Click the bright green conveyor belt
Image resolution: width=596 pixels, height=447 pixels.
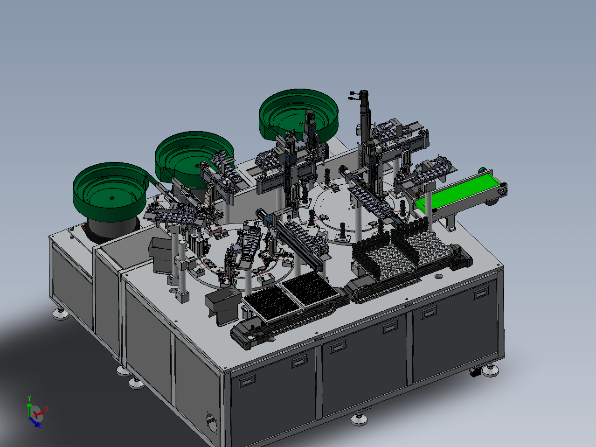[456, 192]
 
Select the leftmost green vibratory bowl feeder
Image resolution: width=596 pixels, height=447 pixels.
[110, 191]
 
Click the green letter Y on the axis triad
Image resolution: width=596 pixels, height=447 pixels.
[29, 398]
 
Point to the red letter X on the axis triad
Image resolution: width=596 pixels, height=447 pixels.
[47, 408]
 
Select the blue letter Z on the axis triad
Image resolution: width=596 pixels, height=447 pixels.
[40, 425]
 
